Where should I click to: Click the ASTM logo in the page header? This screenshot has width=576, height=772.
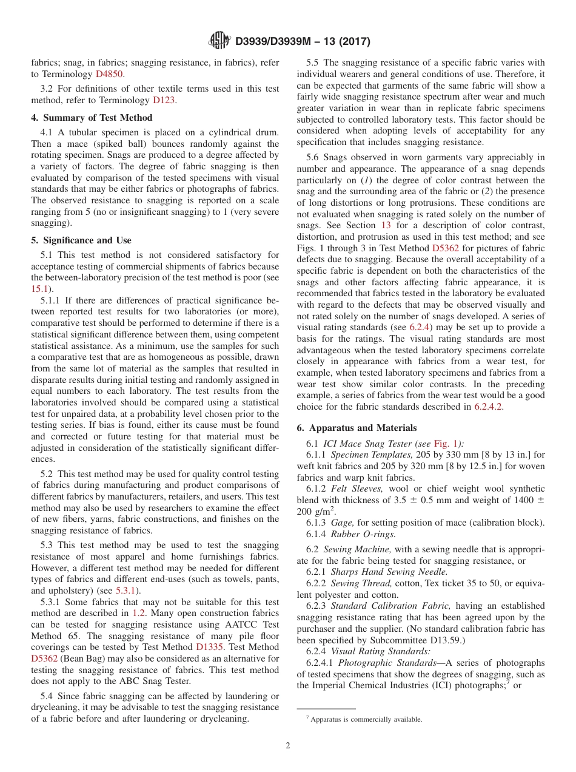pos(219,41)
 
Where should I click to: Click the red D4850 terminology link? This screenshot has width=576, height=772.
pos(109,73)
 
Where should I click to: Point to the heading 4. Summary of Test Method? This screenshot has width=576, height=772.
pos(92,118)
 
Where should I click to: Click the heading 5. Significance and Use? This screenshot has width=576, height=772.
pos(81,240)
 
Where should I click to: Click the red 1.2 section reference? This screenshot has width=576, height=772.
pos(139,613)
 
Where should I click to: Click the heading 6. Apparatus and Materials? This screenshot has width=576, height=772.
pos(357,428)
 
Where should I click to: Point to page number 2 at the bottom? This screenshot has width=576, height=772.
pos(288,746)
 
